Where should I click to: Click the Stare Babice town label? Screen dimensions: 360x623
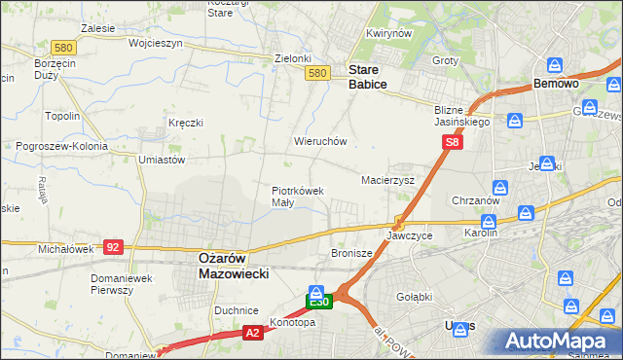pyautogui.click(x=368, y=77)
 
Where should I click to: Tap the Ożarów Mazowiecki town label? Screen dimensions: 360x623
pyautogui.click(x=227, y=266)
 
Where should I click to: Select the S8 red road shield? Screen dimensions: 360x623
pyautogui.click(x=452, y=142)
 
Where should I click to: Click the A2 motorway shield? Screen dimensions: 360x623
pyautogui.click(x=252, y=333)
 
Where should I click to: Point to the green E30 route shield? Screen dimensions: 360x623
pyautogui.click(x=320, y=303)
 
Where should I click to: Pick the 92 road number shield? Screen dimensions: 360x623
pyautogui.click(x=113, y=248)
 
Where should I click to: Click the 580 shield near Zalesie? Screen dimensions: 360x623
pyautogui.click(x=38, y=47)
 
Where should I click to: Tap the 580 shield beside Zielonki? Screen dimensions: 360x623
pyautogui.click(x=316, y=73)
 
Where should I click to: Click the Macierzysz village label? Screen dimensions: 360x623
pyautogui.click(x=388, y=180)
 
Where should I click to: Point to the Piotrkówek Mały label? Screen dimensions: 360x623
pyautogui.click(x=297, y=197)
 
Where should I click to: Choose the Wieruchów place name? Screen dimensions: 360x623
pyautogui.click(x=320, y=141)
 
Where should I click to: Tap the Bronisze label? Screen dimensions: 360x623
pyautogui.click(x=351, y=253)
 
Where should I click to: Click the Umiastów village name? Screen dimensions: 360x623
pyautogui.click(x=163, y=159)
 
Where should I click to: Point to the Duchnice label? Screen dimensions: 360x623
pyautogui.click(x=236, y=310)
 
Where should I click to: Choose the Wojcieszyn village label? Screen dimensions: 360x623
pyautogui.click(x=128, y=44)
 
